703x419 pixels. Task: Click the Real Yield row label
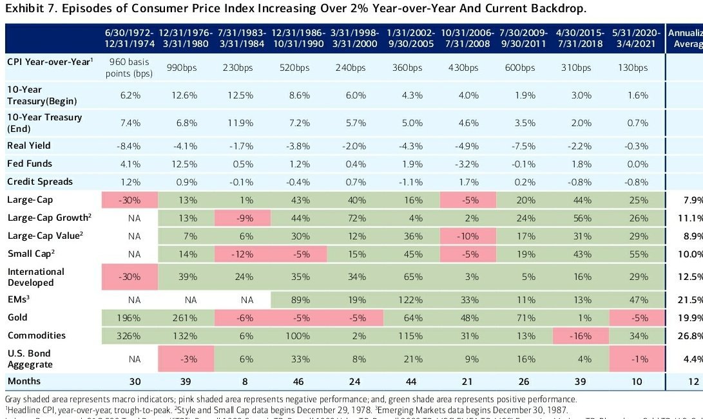(28, 145)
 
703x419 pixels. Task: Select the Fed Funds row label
(30, 163)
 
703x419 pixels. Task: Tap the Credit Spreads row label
(39, 182)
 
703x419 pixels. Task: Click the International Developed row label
(35, 276)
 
